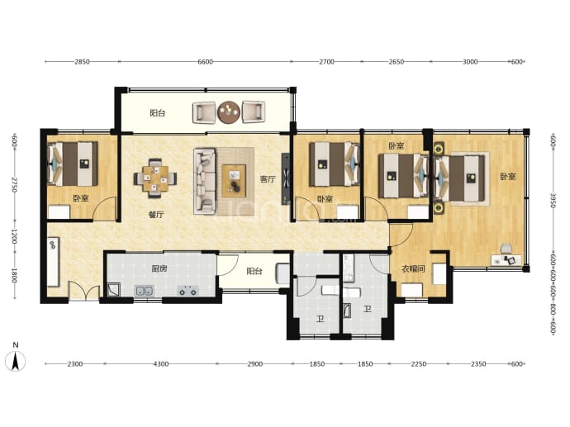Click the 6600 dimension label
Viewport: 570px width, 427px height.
point(206,62)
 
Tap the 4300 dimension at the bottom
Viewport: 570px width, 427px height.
point(161,363)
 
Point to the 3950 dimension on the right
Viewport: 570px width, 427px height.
point(553,200)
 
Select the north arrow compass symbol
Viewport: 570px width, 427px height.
point(15,358)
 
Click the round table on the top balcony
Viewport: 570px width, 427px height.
point(229,112)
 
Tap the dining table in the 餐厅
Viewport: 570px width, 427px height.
point(155,178)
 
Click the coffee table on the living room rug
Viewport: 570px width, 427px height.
point(234,181)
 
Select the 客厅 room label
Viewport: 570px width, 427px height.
point(268,178)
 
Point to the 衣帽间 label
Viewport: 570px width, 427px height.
point(413,269)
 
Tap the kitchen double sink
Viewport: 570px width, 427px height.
point(145,291)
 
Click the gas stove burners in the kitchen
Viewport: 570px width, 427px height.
point(188,291)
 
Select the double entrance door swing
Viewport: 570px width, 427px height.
point(84,291)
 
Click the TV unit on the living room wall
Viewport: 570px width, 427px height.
point(286,178)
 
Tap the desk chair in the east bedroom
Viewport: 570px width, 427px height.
point(506,249)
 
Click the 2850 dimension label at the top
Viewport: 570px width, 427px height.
point(82,62)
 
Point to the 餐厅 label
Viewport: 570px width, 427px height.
point(156,215)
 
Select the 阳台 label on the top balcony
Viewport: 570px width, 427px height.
point(158,113)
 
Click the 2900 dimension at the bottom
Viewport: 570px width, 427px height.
point(254,363)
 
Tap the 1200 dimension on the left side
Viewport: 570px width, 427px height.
point(14,236)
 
